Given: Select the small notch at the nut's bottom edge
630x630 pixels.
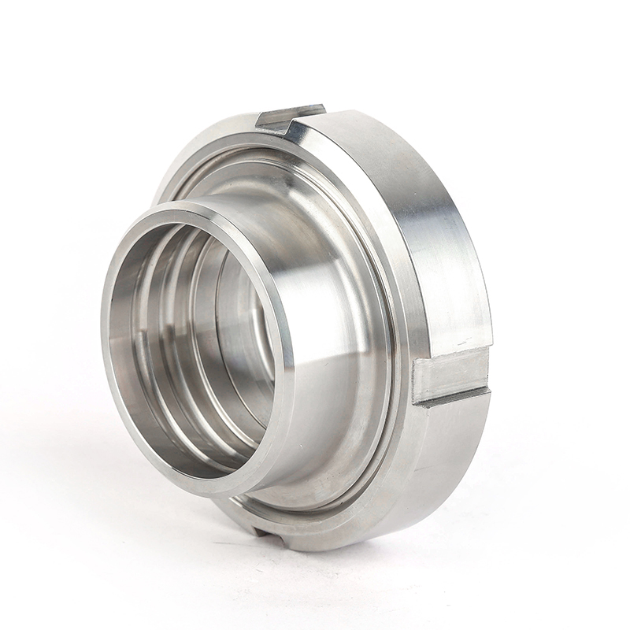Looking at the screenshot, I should pyautogui.click(x=268, y=529).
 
